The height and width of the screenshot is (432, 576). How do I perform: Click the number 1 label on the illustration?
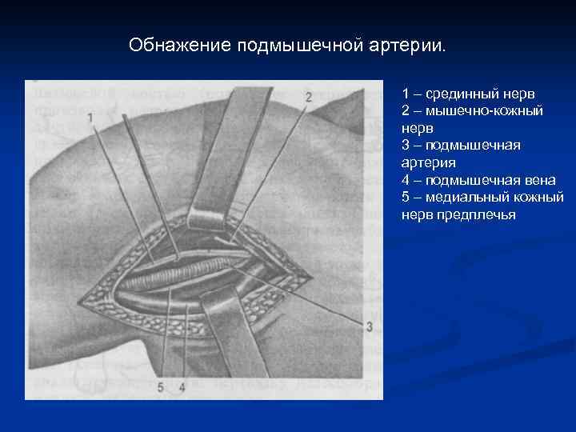[90, 118]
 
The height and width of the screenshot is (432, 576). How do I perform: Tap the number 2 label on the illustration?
[309, 97]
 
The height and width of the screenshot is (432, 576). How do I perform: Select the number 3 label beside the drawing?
[369, 326]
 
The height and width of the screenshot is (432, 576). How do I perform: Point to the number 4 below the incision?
[182, 387]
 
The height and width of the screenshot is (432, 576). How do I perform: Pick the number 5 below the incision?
[161, 387]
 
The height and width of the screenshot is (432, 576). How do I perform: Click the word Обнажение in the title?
[180, 45]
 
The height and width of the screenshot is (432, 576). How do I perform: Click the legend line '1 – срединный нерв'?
[461, 94]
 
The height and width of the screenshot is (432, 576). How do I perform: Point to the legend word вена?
[540, 180]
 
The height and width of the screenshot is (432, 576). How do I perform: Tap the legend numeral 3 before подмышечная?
[406, 146]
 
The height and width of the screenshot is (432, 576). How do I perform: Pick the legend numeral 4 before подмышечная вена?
[406, 180]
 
